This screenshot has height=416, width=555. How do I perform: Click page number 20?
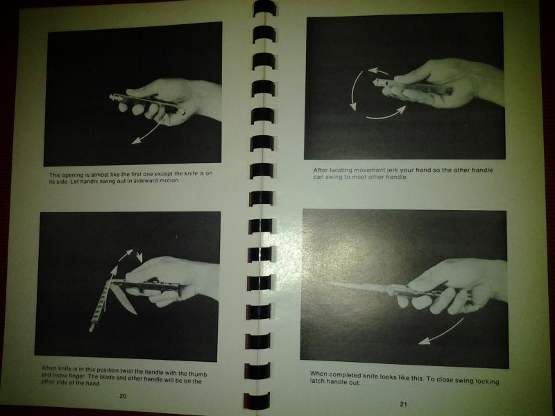(x=123, y=396)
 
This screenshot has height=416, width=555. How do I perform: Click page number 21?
(x=404, y=404)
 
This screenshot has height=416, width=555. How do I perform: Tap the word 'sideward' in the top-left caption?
(x=146, y=180)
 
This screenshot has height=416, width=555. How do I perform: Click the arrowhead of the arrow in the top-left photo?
(x=136, y=141)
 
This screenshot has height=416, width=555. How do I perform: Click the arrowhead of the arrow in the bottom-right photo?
(x=424, y=340)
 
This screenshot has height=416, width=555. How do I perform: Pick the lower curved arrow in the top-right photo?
(x=386, y=114)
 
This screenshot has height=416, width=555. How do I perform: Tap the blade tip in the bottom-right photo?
(x=327, y=283)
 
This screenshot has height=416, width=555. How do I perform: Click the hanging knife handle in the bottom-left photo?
(x=101, y=305)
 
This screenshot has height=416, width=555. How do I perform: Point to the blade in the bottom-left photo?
(x=123, y=300)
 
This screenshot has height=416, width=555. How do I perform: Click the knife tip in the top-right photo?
(x=375, y=82)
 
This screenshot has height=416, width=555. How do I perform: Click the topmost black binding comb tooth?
(x=265, y=8)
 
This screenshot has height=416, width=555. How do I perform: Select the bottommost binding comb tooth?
(x=257, y=401)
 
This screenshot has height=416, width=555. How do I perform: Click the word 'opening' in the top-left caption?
(x=72, y=175)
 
